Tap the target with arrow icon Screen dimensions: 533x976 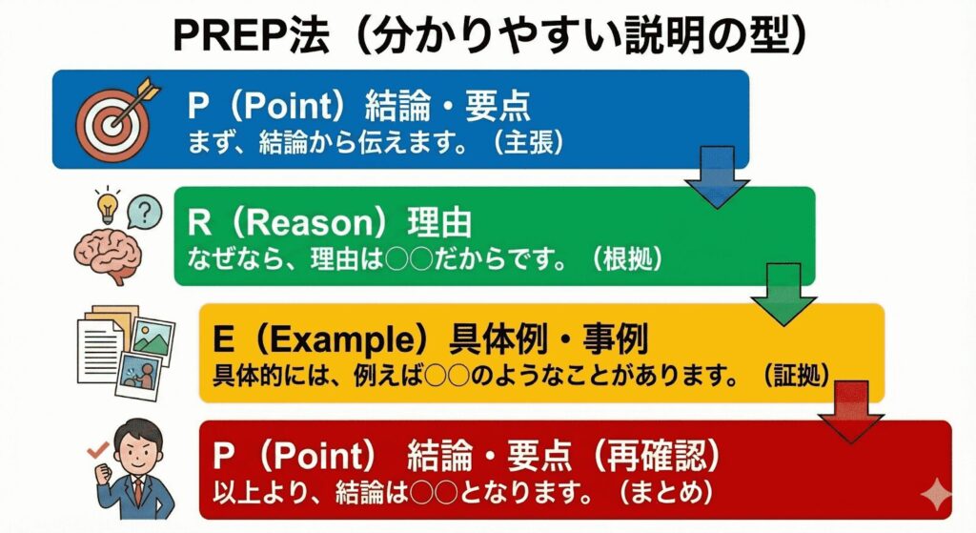[109, 121]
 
